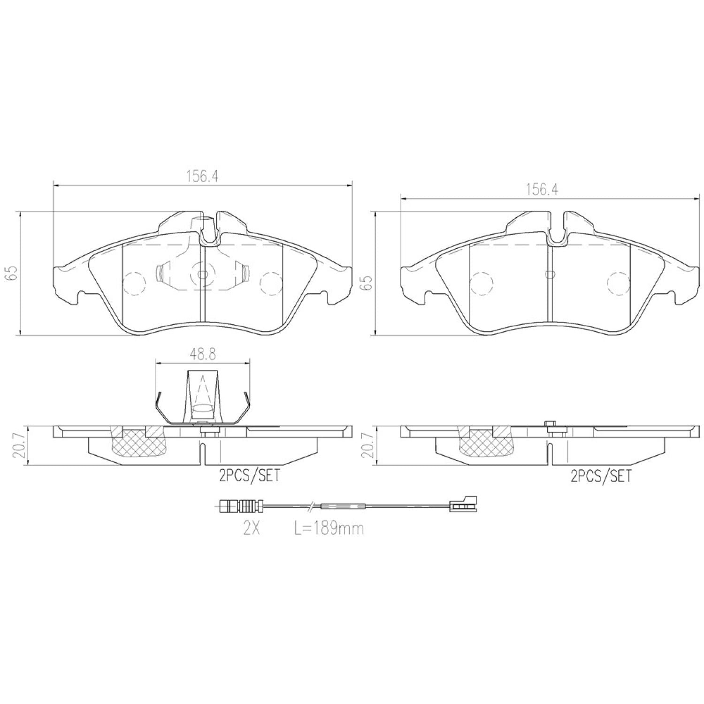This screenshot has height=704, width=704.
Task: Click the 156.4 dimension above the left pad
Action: point(202,177)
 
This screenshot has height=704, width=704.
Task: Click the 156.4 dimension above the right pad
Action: point(541,190)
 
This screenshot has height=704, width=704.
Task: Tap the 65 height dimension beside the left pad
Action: point(11,274)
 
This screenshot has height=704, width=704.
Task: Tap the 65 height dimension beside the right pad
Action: point(367,283)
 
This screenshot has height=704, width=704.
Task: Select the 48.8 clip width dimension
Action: point(202,354)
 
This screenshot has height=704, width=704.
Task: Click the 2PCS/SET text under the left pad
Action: point(249,476)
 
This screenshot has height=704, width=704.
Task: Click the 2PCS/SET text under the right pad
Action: point(601,476)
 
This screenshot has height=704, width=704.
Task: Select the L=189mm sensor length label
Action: point(329,528)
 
